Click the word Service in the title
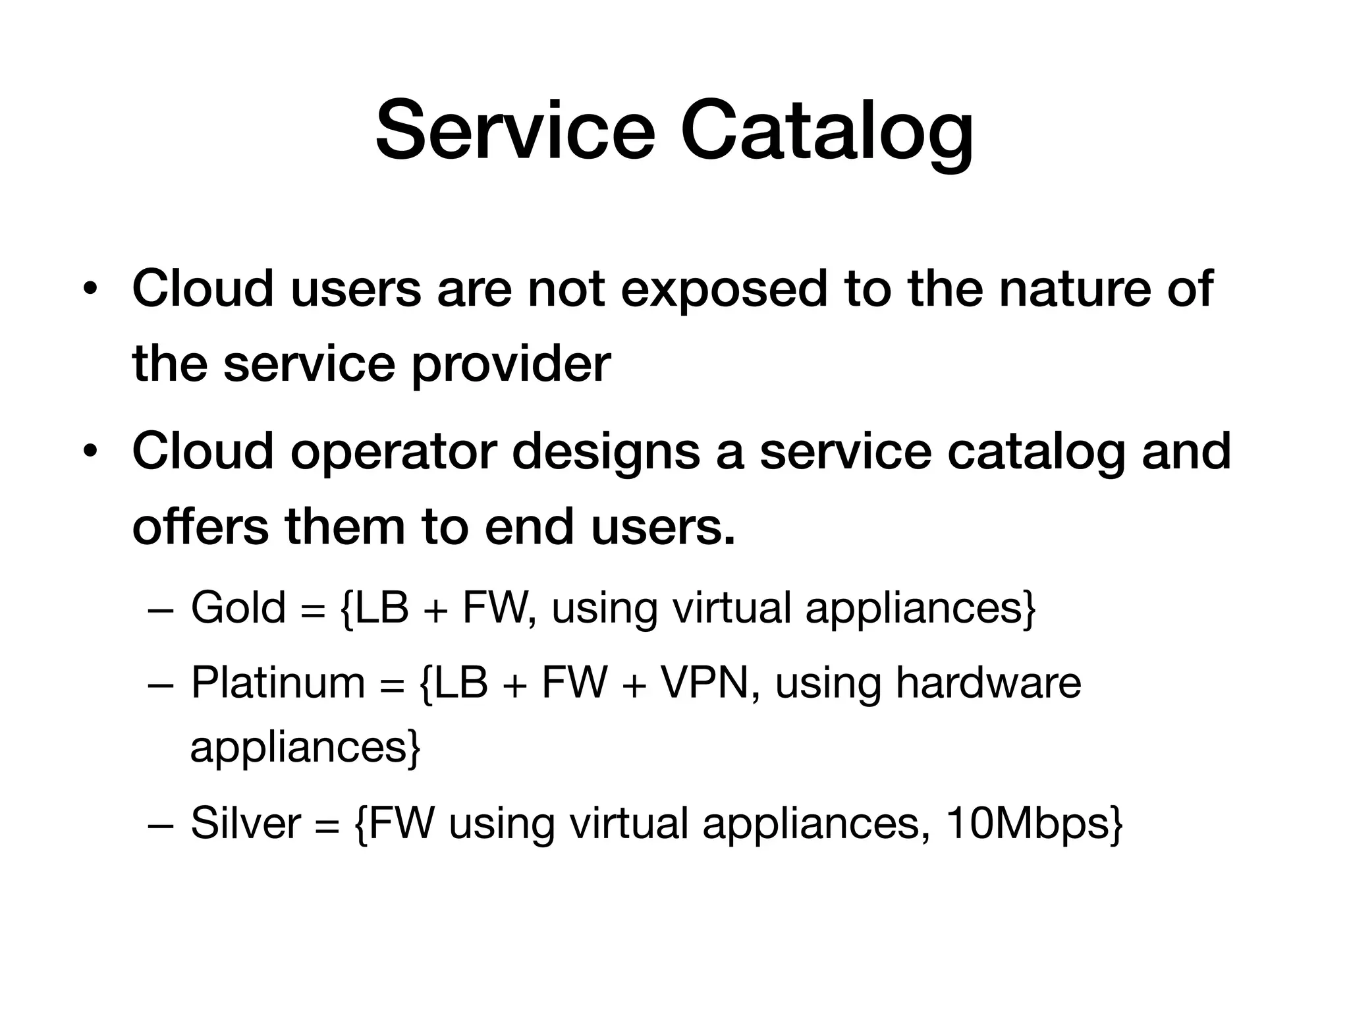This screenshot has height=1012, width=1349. [x=515, y=130]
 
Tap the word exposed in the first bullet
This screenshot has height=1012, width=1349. [x=723, y=290]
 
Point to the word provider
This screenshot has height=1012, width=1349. [x=511, y=366]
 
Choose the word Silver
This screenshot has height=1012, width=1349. [x=245, y=824]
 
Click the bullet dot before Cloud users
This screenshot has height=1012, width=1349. [x=91, y=290]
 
